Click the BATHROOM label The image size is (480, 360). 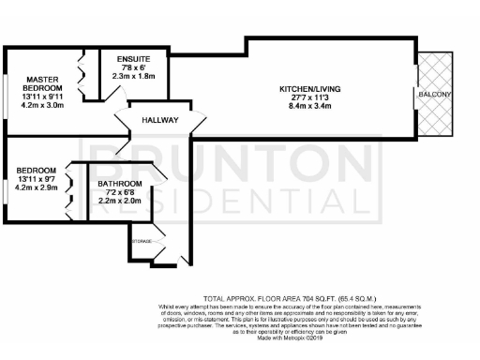[123, 183]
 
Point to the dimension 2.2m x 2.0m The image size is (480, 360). [123, 201]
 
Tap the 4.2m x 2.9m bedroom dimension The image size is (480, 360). [37, 187]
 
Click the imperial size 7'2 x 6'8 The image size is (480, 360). [123, 192]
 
